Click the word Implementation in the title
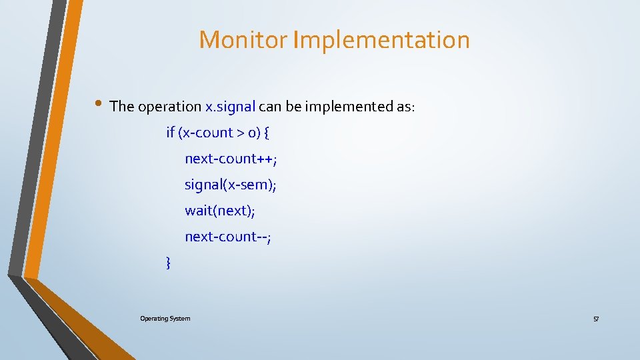[x=381, y=40]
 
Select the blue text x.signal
[x=230, y=107]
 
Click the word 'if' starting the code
[x=170, y=133]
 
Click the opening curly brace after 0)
[x=267, y=133]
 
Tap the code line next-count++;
[x=231, y=159]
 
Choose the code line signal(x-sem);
[x=231, y=185]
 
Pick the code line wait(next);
[x=220, y=211]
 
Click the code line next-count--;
[x=228, y=237]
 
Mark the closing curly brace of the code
[x=168, y=263]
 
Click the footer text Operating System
[x=165, y=319]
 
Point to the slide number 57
[x=596, y=319]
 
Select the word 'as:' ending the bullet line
[x=405, y=107]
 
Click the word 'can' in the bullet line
[x=270, y=107]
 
